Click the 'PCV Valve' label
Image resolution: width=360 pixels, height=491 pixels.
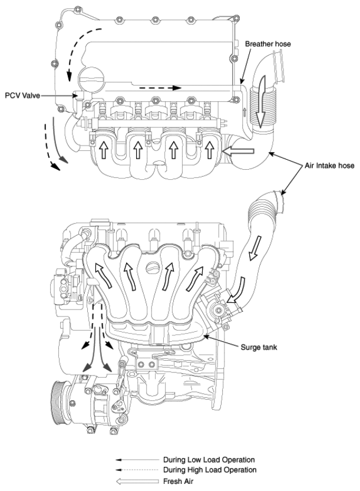(x=22, y=95)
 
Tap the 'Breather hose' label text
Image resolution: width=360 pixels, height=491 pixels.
(x=267, y=44)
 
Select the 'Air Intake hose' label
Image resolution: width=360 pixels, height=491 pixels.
(x=329, y=165)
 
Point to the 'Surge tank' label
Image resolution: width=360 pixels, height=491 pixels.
(x=259, y=347)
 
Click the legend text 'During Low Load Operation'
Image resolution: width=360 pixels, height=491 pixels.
(x=209, y=460)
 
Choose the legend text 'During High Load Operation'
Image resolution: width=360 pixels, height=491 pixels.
(x=210, y=470)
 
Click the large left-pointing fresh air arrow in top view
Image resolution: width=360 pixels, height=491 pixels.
(x=239, y=151)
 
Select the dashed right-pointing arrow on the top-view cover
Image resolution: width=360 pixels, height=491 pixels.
(x=160, y=88)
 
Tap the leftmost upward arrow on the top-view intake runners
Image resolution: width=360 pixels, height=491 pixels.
(x=103, y=150)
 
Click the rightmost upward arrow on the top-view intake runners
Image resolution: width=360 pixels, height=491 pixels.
(x=209, y=150)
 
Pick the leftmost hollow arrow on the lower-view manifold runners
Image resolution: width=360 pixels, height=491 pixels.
(x=103, y=275)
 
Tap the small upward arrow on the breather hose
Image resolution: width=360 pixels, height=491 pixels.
(x=245, y=113)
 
